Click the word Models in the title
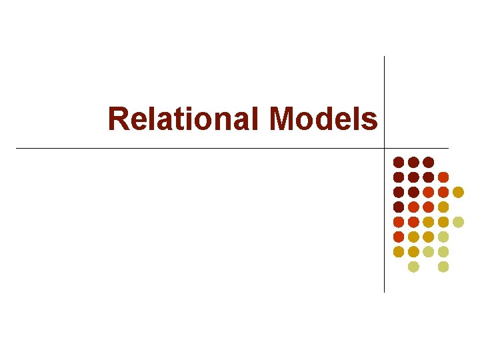coord(324,119)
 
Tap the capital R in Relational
coord(117,119)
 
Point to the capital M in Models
coord(283,119)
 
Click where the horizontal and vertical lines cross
coord(385,148)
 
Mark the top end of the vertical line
coord(385,57)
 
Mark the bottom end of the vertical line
coord(385,292)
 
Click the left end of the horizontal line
coord(16,148)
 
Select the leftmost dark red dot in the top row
coord(399,162)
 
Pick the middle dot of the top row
coord(413,162)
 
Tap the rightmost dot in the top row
coord(429,162)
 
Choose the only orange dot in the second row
coord(443,177)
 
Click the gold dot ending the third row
coord(458,192)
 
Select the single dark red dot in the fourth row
coord(399,207)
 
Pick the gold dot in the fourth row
coord(443,207)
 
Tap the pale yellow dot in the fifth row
coord(458,222)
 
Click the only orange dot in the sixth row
coord(399,237)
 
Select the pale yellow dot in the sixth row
coord(443,237)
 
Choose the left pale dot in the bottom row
coord(413,267)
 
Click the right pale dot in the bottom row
coord(443,267)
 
